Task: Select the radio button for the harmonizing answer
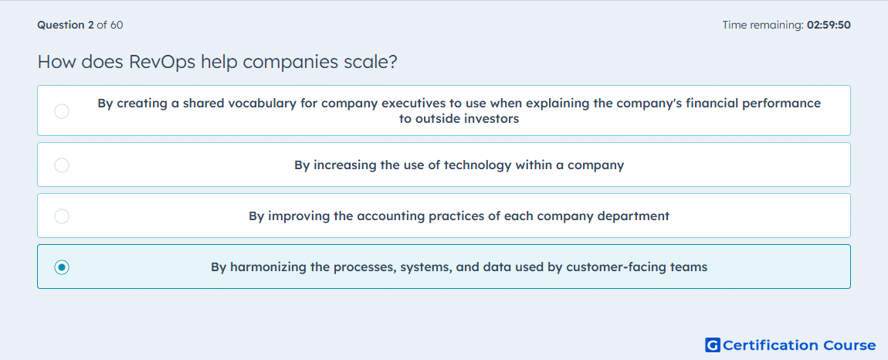click(62, 267)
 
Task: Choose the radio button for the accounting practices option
click(62, 216)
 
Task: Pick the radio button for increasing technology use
click(62, 165)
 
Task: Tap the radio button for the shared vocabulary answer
click(62, 111)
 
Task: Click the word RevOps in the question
click(164, 62)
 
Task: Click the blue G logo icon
click(713, 345)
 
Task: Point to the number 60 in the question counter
click(117, 25)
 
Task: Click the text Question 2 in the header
click(66, 25)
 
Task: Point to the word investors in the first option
click(492, 120)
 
